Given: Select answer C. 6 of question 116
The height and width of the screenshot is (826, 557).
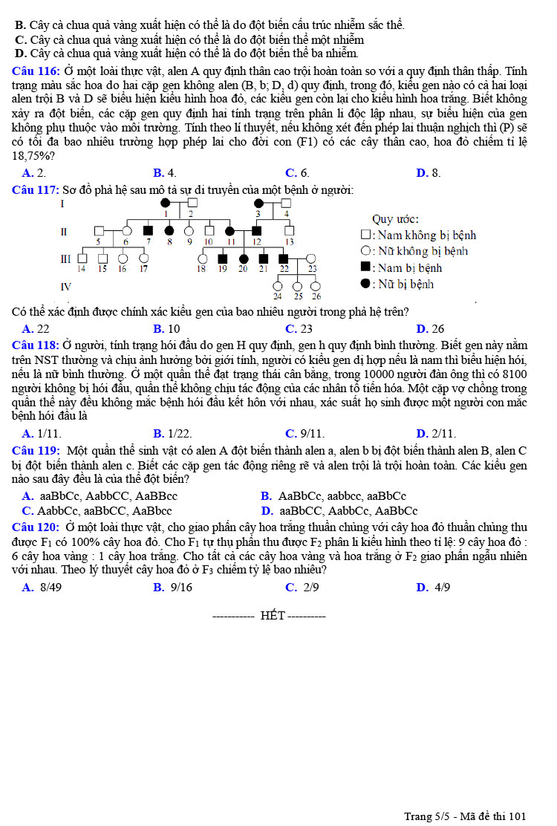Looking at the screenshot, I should (296, 173).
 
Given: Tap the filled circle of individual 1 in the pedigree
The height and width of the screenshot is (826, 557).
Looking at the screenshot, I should (166, 202).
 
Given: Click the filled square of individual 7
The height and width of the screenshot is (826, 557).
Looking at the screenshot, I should (148, 230).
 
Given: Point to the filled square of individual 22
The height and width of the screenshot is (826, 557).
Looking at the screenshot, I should (283, 258).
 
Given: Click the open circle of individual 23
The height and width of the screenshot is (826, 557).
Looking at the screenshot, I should (313, 258).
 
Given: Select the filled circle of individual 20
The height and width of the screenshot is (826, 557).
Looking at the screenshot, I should (243, 258).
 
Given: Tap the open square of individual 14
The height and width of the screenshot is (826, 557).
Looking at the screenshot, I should (82, 258).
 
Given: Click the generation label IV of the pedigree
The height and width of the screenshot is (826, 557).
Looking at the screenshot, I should (66, 286).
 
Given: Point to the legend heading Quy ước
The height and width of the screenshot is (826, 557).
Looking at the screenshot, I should (395, 219).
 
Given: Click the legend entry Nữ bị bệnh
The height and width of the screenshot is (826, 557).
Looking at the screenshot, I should (402, 284).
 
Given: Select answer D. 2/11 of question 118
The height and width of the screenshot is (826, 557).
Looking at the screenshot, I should (436, 433).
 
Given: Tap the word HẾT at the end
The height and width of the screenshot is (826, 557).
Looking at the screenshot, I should (273, 616).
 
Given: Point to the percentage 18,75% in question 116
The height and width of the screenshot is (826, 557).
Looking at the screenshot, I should (33, 156).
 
